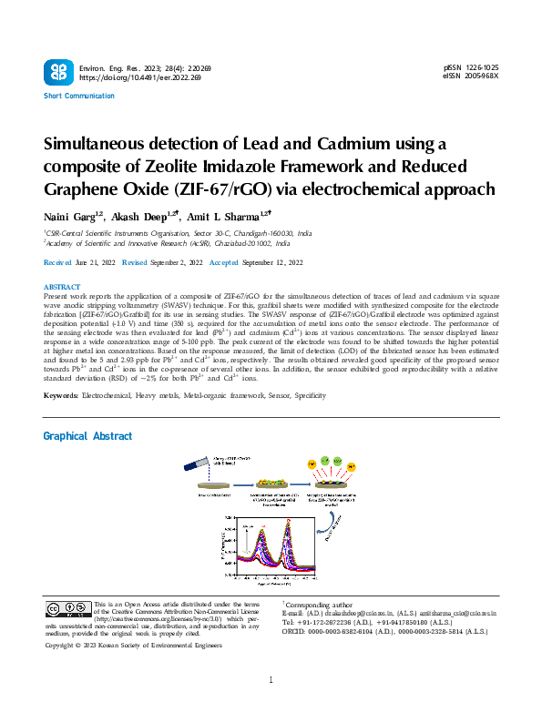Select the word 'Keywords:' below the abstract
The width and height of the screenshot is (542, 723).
coord(61,395)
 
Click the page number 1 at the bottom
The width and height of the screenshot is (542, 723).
coord(271,706)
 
